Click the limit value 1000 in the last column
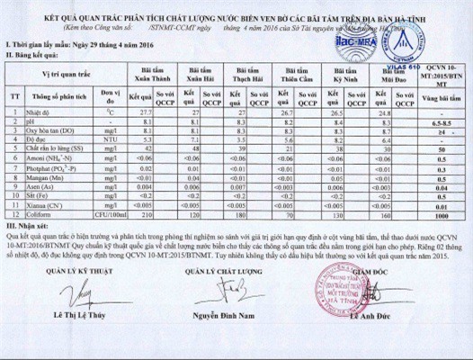[x=443, y=216]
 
